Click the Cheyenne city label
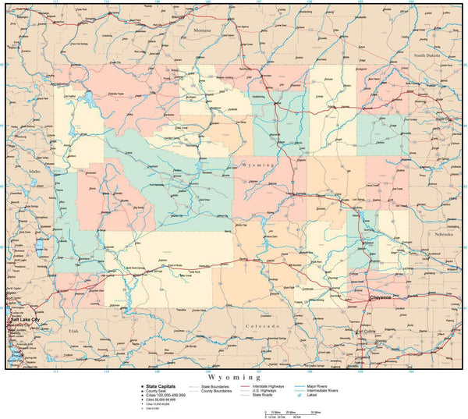click(380, 297)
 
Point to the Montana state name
click(202, 30)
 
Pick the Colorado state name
click(257, 325)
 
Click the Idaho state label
click(34, 170)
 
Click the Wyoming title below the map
click(233, 376)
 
